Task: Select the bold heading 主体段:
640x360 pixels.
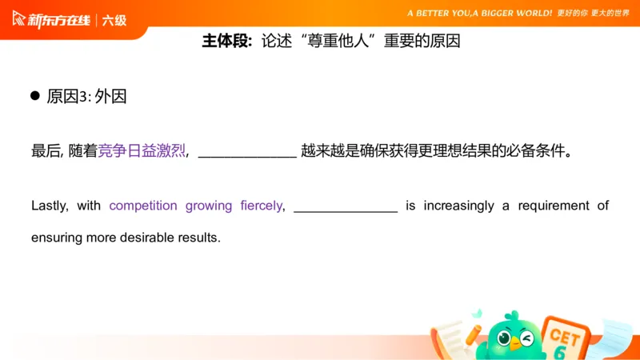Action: click(x=227, y=42)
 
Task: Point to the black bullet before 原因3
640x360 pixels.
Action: click(x=35, y=96)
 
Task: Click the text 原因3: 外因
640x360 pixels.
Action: click(x=86, y=97)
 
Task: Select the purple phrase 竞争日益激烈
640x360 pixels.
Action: click(x=142, y=151)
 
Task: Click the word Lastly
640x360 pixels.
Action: click(x=50, y=206)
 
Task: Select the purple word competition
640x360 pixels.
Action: click(x=143, y=206)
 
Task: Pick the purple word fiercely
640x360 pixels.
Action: click(x=261, y=206)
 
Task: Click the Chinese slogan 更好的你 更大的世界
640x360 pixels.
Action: click(x=593, y=14)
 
